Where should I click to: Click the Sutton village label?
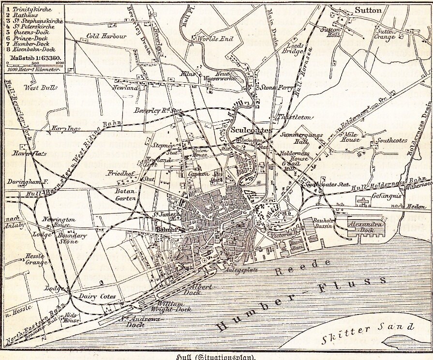[368, 10]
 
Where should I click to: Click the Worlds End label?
[215, 39]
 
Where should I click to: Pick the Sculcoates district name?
[252, 131]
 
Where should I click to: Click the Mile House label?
[351, 137]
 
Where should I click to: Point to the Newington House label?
[58, 222]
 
